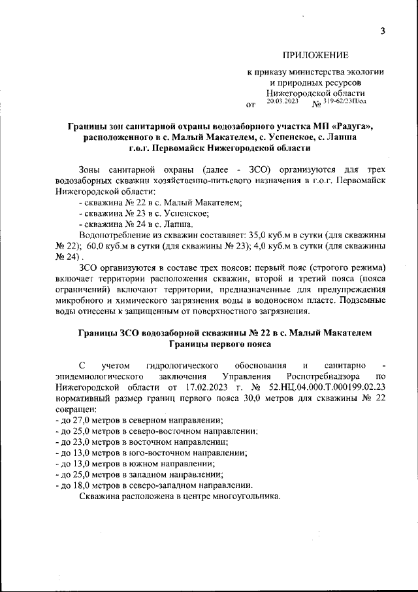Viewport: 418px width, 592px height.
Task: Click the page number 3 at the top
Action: (x=383, y=31)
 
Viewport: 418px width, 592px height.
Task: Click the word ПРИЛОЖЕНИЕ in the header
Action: (x=315, y=55)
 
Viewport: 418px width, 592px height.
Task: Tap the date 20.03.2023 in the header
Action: (x=283, y=101)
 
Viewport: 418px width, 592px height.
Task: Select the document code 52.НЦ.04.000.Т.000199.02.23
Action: (x=315, y=388)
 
